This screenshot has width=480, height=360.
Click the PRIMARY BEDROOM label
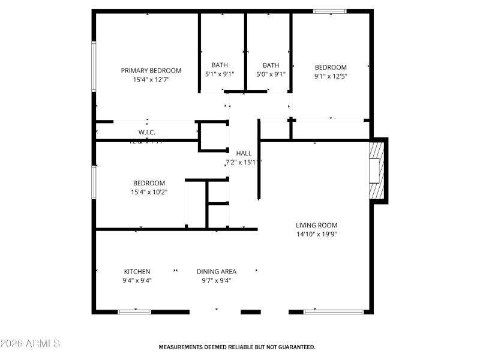point(151,70)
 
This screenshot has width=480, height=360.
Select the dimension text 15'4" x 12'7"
point(151,79)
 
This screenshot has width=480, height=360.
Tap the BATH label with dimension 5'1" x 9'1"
point(220,65)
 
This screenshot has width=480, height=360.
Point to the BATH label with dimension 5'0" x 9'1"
point(271,65)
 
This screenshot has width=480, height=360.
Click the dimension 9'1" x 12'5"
point(331,76)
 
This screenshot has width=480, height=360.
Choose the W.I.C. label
point(147,132)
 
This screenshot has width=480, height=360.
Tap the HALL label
point(244,154)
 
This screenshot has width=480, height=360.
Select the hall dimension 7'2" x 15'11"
point(244,163)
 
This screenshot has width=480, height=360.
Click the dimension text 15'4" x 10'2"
point(149,192)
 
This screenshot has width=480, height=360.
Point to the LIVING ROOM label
point(316,226)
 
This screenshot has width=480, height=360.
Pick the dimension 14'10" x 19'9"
point(316,235)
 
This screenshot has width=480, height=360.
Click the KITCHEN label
point(137,271)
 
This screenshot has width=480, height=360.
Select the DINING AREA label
point(216,271)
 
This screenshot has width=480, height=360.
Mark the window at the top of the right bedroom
point(330,11)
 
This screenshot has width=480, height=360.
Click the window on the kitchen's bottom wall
point(134,311)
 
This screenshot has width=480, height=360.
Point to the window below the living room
point(334,311)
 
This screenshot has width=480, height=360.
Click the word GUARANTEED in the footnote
point(294,347)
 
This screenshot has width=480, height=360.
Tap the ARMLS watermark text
point(30,344)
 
